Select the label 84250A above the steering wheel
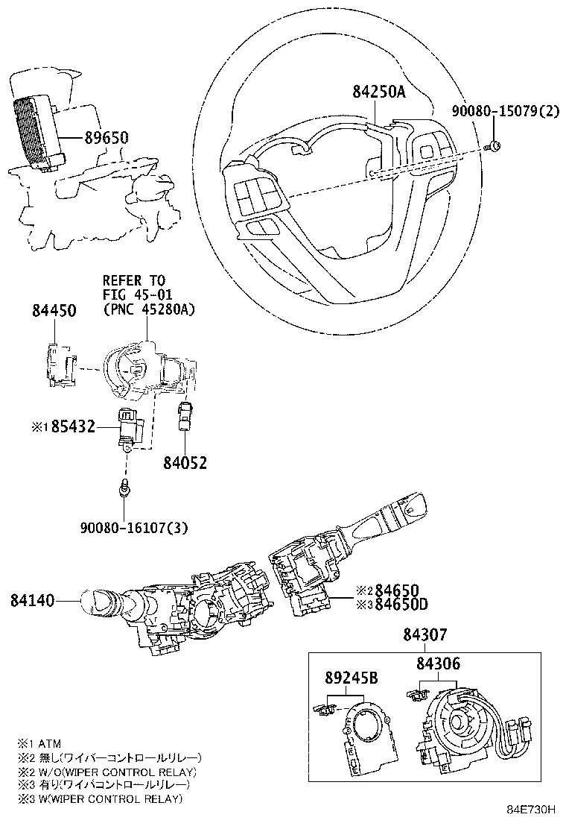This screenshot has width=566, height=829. pos(378,92)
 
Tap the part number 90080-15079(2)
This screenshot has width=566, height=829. pos(505,112)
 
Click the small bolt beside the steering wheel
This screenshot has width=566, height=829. pos(495,145)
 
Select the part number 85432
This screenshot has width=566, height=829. pos(73,428)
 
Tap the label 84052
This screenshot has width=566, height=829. pos(185,464)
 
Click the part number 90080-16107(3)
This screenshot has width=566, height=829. pos(134,528)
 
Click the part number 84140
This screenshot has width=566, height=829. pos(33,599)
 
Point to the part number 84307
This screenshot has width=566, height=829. pos(425,635)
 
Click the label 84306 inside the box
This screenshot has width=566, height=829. pos(438,663)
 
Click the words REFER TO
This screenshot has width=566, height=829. pos(134,280)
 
